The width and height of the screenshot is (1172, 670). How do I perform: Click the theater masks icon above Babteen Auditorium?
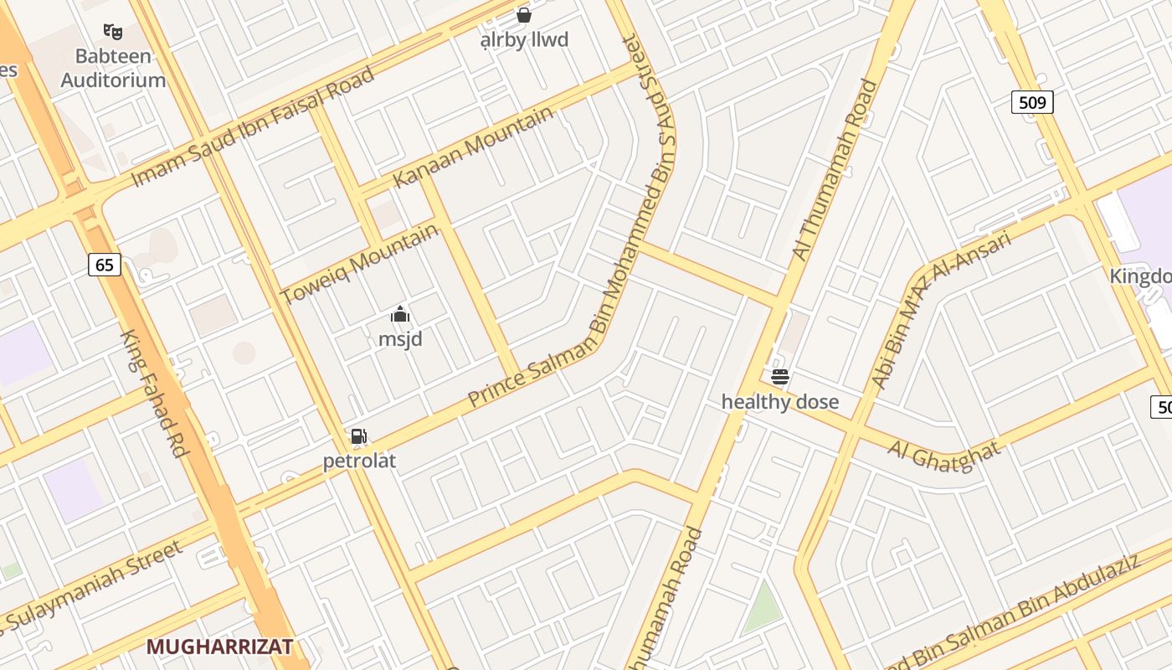tap(113, 32)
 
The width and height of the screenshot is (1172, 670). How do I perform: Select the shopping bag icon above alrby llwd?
tap(524, 15)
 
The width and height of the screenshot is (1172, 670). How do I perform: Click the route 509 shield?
tap(1032, 103)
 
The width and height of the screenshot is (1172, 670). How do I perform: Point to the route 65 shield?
tap(104, 265)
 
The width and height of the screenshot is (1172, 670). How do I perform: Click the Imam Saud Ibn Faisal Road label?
tap(253, 127)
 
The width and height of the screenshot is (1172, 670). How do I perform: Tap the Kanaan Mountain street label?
tap(473, 147)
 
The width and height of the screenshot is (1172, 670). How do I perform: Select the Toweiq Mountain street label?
tap(359, 265)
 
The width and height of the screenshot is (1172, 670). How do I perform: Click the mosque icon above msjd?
tap(400, 315)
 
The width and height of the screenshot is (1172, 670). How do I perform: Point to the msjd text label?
tap(400, 339)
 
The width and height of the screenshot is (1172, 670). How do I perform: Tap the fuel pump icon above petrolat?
tap(358, 436)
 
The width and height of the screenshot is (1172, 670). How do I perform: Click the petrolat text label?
tap(359, 461)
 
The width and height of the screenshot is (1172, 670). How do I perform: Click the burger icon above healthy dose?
tap(780, 377)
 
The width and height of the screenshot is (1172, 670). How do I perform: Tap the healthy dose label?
tap(780, 402)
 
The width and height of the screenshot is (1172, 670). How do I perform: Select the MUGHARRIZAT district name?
tap(219, 647)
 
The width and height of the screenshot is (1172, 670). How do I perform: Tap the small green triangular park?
tap(762, 609)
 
